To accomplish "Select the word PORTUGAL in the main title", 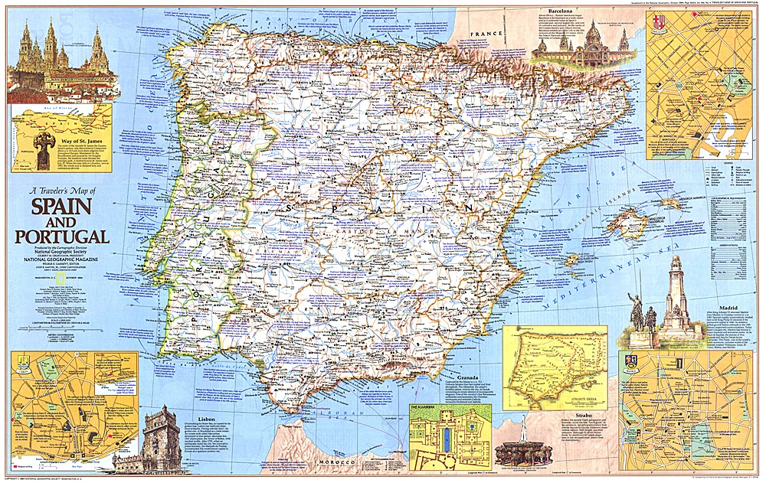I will pos(61,235).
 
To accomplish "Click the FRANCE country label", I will pos(485,34).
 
